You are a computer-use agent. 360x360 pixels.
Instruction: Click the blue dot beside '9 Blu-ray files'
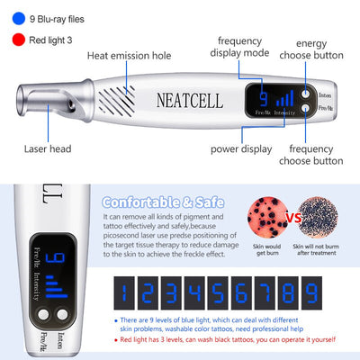[x=19, y=17]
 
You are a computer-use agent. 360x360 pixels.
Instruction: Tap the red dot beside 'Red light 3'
[x=19, y=39]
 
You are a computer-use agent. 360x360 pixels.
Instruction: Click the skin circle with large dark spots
[x=266, y=219]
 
